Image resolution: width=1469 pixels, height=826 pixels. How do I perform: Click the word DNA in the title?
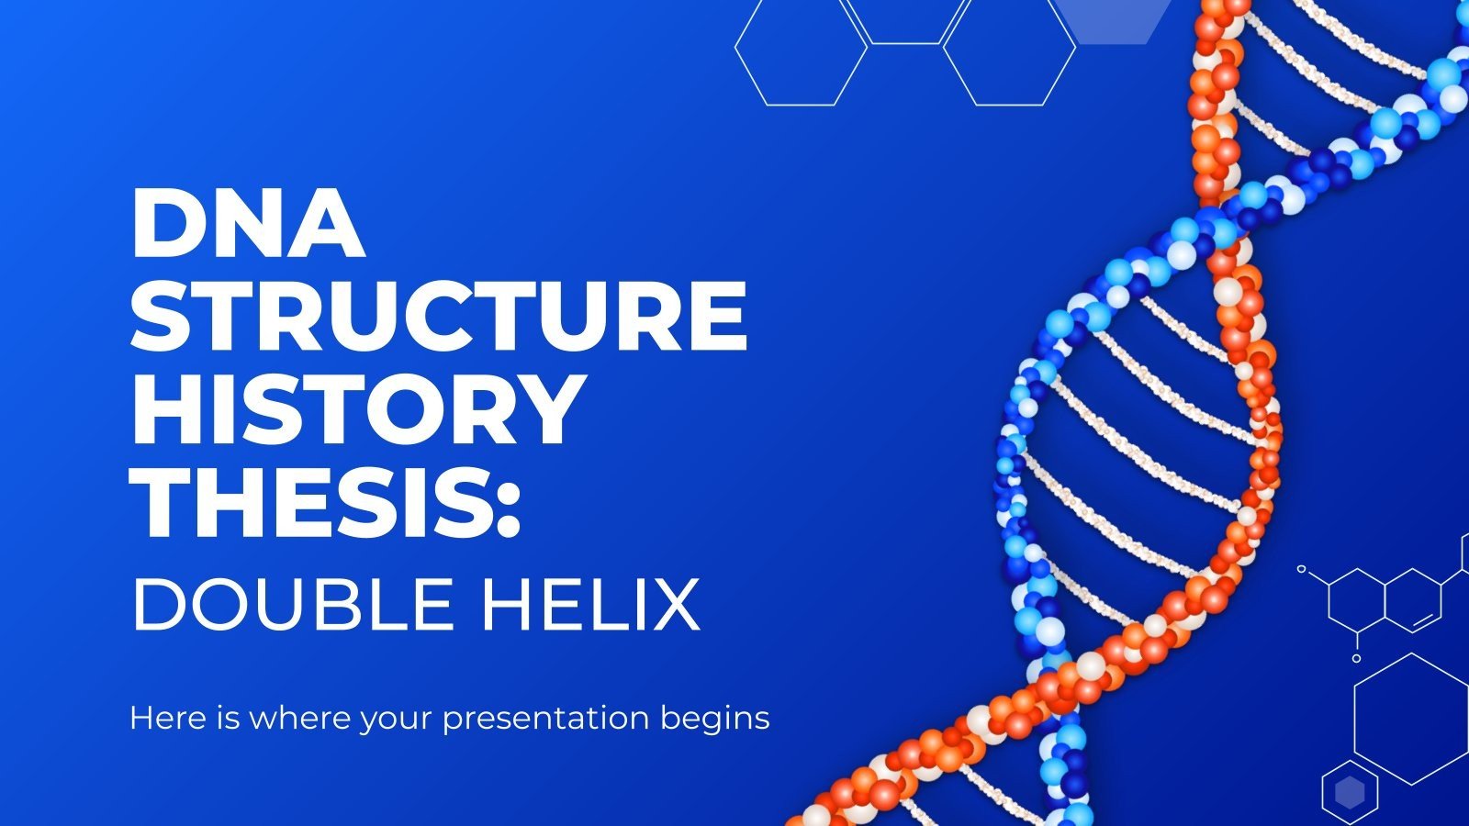249,224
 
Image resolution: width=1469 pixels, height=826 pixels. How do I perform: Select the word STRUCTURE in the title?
439,316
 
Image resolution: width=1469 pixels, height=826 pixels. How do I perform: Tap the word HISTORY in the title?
359,409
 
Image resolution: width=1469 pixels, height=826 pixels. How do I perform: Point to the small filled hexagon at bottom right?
1350,792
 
